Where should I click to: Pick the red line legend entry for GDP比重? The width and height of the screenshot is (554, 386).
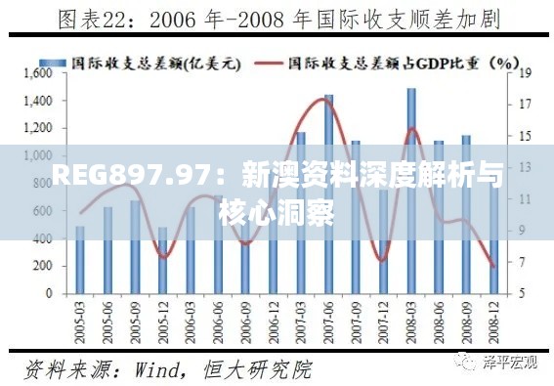click(385, 62)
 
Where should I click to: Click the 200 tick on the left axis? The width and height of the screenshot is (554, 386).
click(39, 266)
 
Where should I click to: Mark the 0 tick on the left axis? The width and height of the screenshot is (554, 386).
click(46, 293)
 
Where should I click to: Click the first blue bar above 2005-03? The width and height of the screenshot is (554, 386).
click(80, 260)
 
